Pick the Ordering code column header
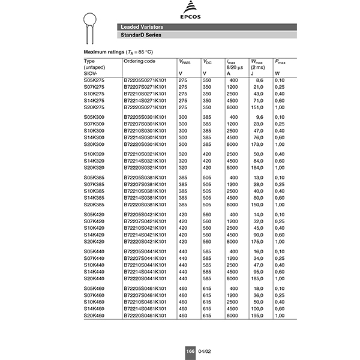[x=139, y=61]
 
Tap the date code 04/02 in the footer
[x=205, y=351]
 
